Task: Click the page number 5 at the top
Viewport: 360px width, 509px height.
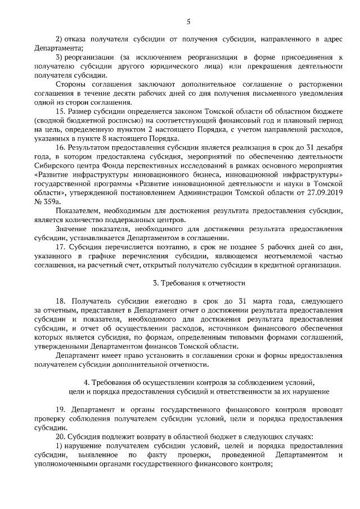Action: pos(188,22)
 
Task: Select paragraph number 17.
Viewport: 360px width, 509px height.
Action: pos(61,246)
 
